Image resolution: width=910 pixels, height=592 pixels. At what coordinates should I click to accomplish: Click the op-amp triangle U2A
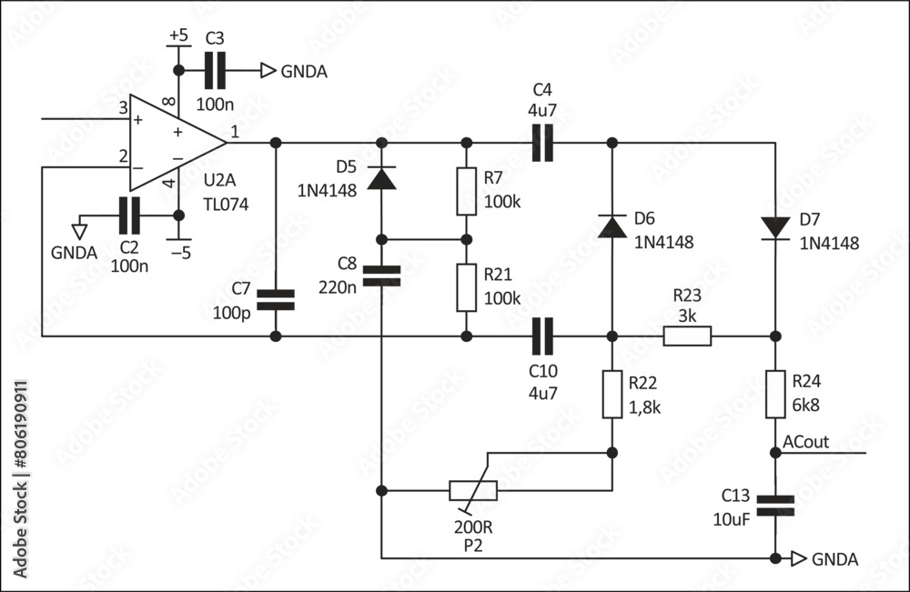tap(174, 143)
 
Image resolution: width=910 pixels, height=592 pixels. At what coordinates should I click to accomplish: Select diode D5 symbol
tap(381, 177)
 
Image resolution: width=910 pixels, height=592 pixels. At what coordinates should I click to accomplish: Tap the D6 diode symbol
tap(612, 226)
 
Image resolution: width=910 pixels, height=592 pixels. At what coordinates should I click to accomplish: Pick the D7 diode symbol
tap(775, 227)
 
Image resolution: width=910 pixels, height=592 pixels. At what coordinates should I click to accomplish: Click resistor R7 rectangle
tap(466, 192)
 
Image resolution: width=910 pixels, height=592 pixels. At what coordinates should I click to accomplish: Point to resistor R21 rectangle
tap(466, 287)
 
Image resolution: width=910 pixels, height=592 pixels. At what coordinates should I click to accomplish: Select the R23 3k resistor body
tap(687, 336)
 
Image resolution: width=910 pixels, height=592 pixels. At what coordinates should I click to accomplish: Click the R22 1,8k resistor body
tap(612, 395)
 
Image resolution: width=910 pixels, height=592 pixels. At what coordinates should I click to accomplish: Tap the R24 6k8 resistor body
tap(775, 395)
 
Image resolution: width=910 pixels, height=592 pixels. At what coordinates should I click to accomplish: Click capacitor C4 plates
tap(542, 143)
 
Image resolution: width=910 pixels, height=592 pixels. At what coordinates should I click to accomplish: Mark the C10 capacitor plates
tap(542, 336)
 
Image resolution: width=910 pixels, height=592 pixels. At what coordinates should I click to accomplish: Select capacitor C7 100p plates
tap(276, 300)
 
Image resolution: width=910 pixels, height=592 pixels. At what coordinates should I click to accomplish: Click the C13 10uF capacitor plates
tap(775, 506)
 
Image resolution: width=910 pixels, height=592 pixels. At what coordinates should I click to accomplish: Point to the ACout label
tap(805, 442)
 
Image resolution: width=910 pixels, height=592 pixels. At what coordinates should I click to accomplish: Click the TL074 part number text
tap(226, 204)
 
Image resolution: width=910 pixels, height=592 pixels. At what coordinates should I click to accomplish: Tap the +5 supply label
tap(178, 36)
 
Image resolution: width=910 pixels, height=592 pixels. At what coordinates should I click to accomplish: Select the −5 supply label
tap(180, 253)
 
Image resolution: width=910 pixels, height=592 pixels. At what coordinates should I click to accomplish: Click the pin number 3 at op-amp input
tap(123, 108)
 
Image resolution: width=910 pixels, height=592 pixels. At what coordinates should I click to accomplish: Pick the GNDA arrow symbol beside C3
tap(268, 70)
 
